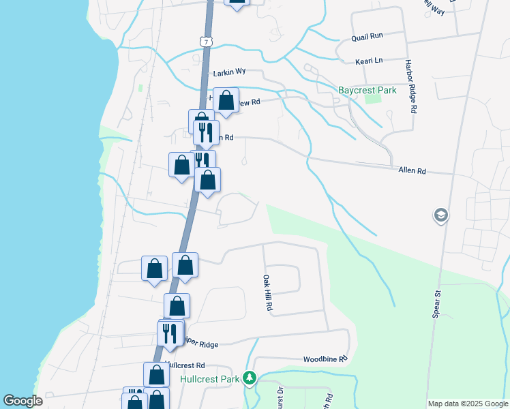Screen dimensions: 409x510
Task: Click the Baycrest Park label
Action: tap(367, 90)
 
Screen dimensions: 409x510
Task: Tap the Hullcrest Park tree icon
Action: tap(250, 378)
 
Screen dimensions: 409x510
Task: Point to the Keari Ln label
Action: tap(369, 61)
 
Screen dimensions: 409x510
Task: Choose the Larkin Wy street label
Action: tap(228, 72)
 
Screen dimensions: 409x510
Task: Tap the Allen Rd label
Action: tap(412, 171)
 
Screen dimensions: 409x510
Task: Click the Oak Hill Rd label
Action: tap(268, 294)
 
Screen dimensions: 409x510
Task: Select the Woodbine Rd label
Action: tap(325, 359)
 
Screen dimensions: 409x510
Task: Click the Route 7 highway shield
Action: tap(206, 42)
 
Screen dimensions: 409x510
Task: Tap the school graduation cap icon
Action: tap(440, 216)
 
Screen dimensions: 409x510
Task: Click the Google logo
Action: tap(22, 401)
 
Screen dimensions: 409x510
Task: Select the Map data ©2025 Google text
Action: tap(467, 404)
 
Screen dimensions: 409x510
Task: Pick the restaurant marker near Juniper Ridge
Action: tap(170, 333)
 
